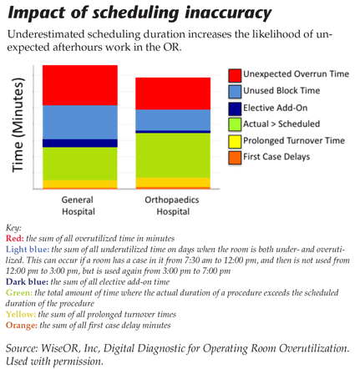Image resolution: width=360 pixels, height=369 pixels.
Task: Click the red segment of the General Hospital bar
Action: click(x=80, y=85)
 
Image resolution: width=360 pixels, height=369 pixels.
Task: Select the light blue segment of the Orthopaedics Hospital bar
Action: click(x=172, y=120)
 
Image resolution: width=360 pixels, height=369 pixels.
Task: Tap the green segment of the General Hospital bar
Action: click(x=80, y=163)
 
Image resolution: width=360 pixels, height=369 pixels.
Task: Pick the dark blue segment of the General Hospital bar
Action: click(x=80, y=143)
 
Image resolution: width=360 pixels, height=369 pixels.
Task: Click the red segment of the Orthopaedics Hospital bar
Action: click(x=172, y=94)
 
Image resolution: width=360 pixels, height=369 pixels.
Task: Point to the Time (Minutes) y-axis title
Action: click(x=18, y=129)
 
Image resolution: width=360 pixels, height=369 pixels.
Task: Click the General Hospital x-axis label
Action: click(x=79, y=205)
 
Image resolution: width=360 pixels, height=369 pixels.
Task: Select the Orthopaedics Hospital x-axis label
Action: click(x=172, y=205)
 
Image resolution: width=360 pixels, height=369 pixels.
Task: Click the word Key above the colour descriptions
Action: click(x=13, y=227)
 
